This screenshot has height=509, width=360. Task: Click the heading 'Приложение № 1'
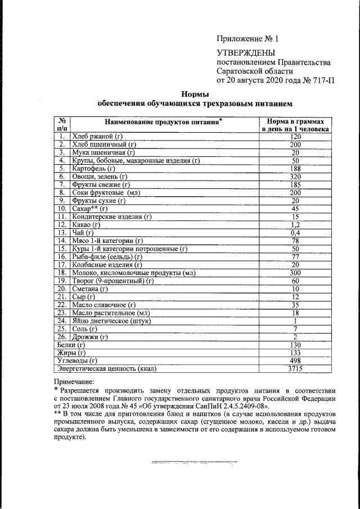(247, 39)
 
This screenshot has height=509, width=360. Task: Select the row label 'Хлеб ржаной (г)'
(97, 137)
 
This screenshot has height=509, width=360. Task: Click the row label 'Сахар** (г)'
(89, 208)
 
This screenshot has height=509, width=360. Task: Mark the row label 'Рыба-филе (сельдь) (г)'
(107, 256)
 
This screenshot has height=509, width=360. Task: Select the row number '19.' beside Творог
(62, 281)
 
